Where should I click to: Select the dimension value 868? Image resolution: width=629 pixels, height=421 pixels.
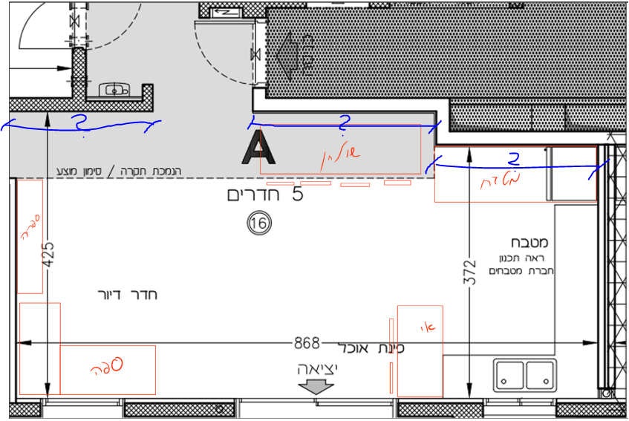[x=306, y=343]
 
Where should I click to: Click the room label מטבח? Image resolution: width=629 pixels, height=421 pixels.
[x=529, y=243]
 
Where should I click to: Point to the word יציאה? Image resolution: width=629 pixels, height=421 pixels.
[x=317, y=369]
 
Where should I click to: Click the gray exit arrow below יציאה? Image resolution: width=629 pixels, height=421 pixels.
[x=317, y=386]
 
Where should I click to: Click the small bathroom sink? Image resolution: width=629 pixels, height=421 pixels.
[x=116, y=90]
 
